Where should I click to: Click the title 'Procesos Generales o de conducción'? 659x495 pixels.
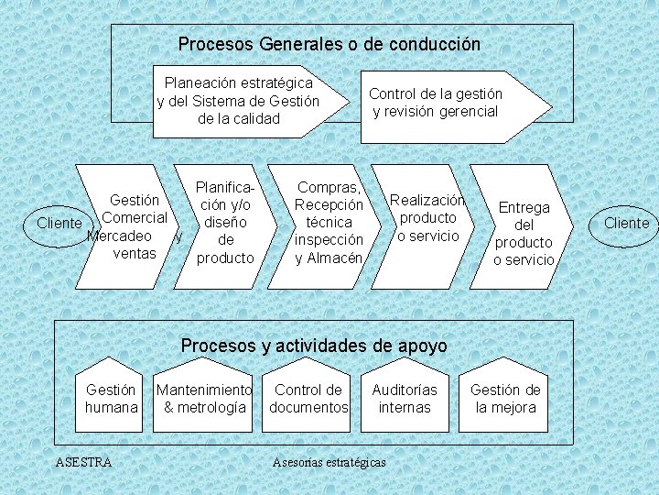[329, 44]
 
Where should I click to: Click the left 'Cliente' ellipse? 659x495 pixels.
[59, 224]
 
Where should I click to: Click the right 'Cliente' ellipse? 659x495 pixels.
[626, 224]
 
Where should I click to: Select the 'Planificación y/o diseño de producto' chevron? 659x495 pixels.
[225, 224]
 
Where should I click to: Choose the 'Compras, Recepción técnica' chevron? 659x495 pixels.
[329, 224]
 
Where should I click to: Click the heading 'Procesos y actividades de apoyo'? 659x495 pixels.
[314, 346]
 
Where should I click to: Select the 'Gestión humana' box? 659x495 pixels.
[112, 399]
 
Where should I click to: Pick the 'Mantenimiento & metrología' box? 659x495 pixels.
[204, 399]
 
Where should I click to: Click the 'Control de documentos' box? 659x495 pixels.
[308, 399]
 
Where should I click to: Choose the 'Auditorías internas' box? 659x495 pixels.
[405, 399]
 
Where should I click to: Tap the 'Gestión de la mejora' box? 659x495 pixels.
[505, 399]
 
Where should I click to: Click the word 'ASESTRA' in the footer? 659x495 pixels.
[83, 462]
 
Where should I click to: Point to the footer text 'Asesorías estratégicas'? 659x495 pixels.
[329, 462]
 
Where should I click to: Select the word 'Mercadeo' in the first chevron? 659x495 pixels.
[119, 236]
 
